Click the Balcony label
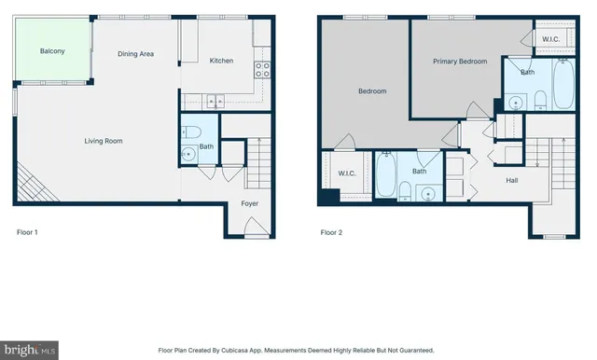52,51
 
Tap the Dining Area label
135,54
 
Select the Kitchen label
221,61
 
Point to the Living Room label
104,141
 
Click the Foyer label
250,203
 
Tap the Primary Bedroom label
460,61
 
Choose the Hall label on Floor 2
512,180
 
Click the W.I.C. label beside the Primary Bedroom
550,38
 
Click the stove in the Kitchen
265,66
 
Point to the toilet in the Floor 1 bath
190,131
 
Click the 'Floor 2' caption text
331,232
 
